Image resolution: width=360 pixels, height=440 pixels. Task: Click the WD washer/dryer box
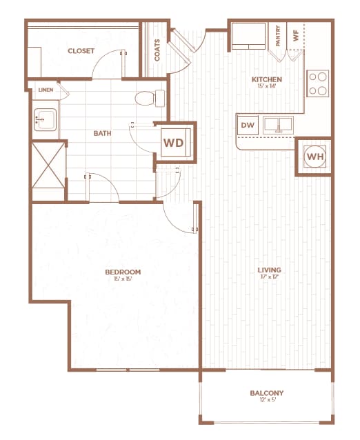(x=174, y=143)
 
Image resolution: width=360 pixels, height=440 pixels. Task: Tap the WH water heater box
(x=314, y=157)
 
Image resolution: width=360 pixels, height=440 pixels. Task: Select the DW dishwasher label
(x=248, y=126)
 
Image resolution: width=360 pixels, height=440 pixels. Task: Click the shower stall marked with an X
(x=47, y=171)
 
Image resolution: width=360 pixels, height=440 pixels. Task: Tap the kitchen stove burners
(x=318, y=83)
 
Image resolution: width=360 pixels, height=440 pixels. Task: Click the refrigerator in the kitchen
(x=248, y=37)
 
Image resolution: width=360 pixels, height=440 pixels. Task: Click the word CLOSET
(x=81, y=51)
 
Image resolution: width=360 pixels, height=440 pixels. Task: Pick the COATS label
(x=158, y=50)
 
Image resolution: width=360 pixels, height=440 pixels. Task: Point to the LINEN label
(x=46, y=90)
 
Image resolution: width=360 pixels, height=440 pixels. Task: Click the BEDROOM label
(x=123, y=272)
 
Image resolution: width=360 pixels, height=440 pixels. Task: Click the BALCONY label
(x=266, y=394)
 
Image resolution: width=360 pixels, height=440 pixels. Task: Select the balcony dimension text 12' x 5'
(x=266, y=402)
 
